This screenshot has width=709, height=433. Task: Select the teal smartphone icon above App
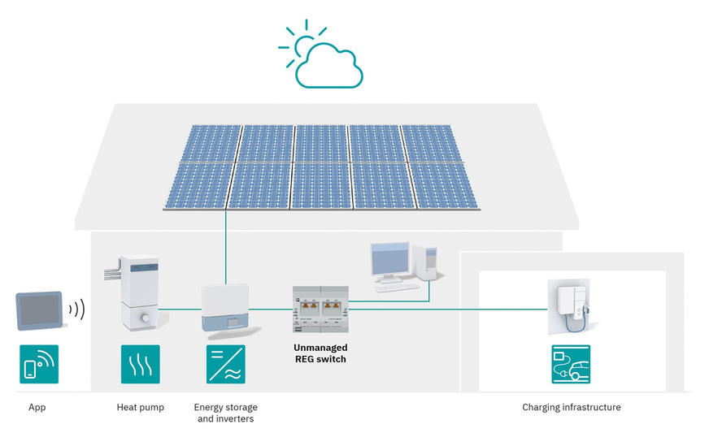(x=39, y=364)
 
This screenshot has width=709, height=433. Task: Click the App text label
(x=37, y=407)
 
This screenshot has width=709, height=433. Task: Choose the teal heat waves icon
(x=140, y=364)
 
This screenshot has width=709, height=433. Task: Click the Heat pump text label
(x=140, y=407)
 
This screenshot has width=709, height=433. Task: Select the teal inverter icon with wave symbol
(x=226, y=364)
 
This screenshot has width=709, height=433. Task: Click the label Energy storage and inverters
(x=225, y=413)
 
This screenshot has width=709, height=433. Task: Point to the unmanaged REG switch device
(x=320, y=310)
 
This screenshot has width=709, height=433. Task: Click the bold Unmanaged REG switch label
(x=320, y=353)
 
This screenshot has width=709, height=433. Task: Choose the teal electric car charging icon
(x=571, y=364)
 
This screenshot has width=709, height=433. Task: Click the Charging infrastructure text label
(x=571, y=407)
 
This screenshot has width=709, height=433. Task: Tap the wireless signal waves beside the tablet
(x=77, y=309)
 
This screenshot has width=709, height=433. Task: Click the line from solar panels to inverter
(x=226, y=244)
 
